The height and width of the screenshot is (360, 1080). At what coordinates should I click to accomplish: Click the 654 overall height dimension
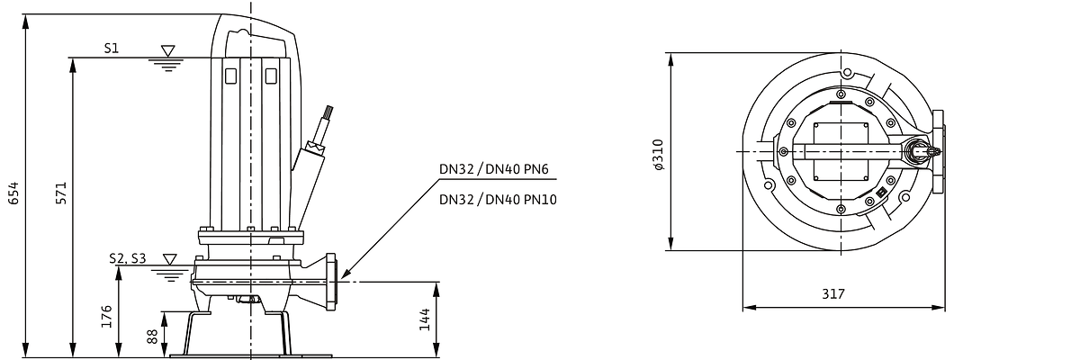pos(13,193)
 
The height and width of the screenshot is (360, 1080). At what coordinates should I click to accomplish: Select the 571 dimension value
pos(61,193)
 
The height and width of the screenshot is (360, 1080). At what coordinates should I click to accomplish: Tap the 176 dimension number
pos(106,316)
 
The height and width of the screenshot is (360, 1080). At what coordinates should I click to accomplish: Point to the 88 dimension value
pos(152,336)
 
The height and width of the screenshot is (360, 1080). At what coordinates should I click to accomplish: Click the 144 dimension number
pos(424,319)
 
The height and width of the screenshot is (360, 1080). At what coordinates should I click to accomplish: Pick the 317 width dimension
pos(833,293)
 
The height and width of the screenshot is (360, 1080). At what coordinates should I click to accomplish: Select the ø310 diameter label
pos(658,154)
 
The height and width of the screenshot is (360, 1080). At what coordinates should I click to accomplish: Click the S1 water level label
pos(112,49)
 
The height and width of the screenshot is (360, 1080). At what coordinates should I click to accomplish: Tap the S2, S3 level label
pos(127,259)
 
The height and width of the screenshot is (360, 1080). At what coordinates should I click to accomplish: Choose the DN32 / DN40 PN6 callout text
pos(494,169)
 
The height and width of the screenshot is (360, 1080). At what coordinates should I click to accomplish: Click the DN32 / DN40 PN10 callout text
pos(498,199)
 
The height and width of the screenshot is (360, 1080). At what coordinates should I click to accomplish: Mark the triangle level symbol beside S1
pos(167,50)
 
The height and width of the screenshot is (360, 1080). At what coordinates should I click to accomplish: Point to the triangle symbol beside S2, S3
pos(170,259)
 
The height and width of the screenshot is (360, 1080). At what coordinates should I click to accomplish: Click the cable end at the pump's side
pos(328,113)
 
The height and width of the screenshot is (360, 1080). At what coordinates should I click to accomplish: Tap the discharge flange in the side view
pos(331,282)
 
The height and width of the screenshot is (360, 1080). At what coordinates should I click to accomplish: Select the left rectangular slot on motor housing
pos(230,76)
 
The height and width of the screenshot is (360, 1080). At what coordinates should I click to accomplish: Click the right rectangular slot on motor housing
pos(271,76)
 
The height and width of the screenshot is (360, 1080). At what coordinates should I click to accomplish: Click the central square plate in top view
pos(841,152)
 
